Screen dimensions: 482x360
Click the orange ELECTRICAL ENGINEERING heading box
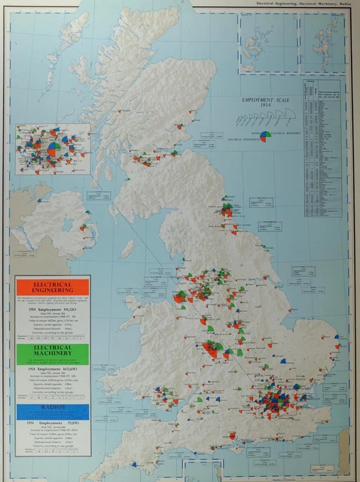52,287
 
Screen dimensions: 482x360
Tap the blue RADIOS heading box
52,411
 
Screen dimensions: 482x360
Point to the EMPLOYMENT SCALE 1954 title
261,102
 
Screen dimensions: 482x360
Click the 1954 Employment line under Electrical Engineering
52,311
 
